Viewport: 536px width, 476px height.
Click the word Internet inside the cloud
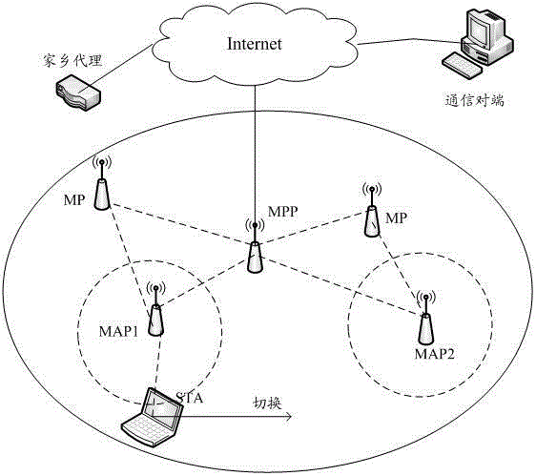(255, 44)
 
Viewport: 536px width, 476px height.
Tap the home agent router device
(78, 93)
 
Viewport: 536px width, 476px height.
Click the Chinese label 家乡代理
(72, 61)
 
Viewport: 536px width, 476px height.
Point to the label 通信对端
(474, 100)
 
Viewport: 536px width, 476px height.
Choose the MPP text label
(282, 212)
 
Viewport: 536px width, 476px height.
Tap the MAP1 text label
(118, 331)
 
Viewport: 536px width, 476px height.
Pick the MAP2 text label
(435, 354)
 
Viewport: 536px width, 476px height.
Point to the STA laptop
(153, 417)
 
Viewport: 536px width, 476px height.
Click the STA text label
(190, 398)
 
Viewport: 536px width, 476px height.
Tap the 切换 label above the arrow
(267, 404)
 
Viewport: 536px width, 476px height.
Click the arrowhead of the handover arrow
(289, 417)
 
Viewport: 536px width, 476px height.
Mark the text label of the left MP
(74, 199)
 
